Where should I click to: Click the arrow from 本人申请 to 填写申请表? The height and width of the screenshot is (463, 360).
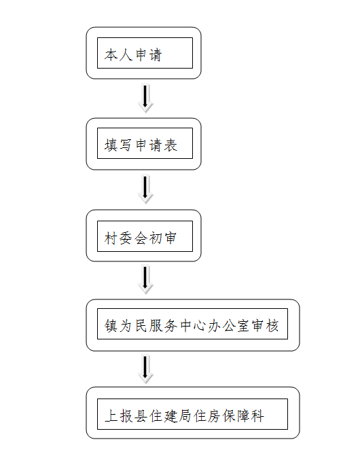click(x=145, y=98)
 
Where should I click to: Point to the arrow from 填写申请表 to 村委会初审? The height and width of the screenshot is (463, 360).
click(x=145, y=189)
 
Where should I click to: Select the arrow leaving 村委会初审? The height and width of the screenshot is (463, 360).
click(x=145, y=280)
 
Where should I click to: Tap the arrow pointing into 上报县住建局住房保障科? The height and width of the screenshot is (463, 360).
click(x=145, y=369)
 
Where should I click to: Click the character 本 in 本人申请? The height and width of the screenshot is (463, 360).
click(x=111, y=55)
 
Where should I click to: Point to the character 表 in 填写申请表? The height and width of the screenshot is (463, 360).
click(x=170, y=145)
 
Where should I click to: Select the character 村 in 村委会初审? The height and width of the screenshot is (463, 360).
click(x=111, y=238)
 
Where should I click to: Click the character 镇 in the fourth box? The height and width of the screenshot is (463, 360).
click(x=111, y=326)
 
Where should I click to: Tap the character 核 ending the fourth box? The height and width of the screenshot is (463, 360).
click(x=272, y=326)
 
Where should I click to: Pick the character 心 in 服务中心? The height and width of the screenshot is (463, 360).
click(x=200, y=326)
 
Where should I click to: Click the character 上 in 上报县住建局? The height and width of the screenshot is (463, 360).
click(x=111, y=415)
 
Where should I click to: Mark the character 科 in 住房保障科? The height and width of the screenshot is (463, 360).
click(x=257, y=415)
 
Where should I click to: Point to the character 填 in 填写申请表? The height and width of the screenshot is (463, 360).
click(x=111, y=145)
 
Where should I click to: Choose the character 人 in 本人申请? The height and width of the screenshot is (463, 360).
click(x=126, y=55)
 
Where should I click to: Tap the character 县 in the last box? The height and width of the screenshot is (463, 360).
click(x=141, y=415)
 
